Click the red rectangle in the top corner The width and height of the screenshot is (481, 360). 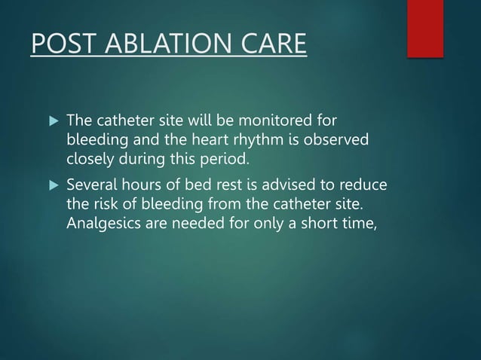tap(424, 28)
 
